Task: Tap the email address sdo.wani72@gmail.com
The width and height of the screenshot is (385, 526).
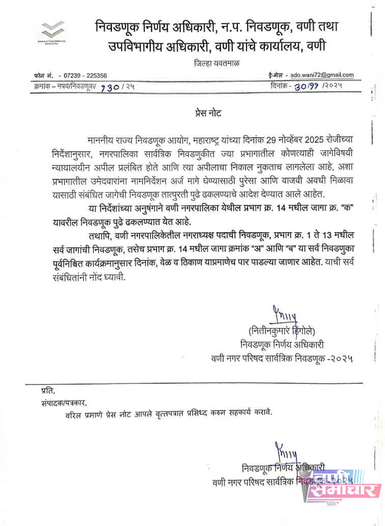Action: coord(319,75)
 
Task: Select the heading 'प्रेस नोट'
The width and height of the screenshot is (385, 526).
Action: coord(209,112)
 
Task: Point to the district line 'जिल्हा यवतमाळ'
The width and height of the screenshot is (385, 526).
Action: coord(216,63)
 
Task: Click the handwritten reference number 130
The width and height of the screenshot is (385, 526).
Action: coord(110,87)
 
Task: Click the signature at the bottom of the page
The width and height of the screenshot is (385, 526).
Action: coord(286,452)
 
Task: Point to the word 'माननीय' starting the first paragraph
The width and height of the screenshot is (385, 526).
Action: coord(102,140)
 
